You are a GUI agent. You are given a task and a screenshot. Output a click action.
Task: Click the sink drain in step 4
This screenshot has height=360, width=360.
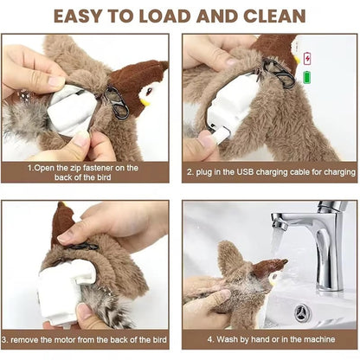tap(302, 311)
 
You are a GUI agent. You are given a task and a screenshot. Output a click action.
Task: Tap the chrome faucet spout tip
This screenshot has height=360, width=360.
tap(278, 224)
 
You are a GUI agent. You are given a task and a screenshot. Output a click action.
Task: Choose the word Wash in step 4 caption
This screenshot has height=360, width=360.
tap(219, 341)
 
